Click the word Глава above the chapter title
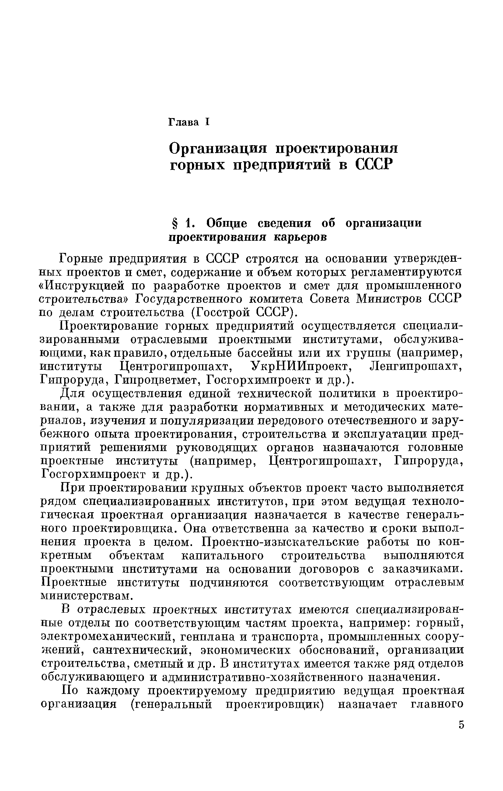[x=183, y=122]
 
